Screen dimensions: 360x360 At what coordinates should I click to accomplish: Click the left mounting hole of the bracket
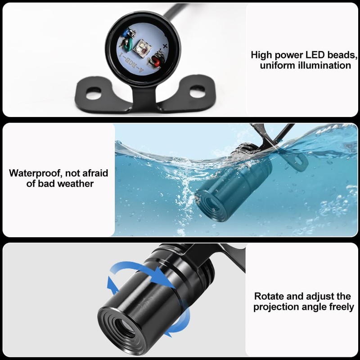tap(94, 93)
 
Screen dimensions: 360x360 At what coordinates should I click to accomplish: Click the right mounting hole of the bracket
tap(198, 91)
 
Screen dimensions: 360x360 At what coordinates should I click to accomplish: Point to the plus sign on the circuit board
tap(165, 46)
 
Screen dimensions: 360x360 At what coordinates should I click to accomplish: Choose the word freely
tap(342, 307)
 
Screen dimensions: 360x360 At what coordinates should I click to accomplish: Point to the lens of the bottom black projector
tap(125, 331)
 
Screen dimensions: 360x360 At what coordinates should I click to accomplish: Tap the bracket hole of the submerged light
tap(298, 160)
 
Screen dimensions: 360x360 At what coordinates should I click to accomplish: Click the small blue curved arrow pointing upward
tap(112, 285)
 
